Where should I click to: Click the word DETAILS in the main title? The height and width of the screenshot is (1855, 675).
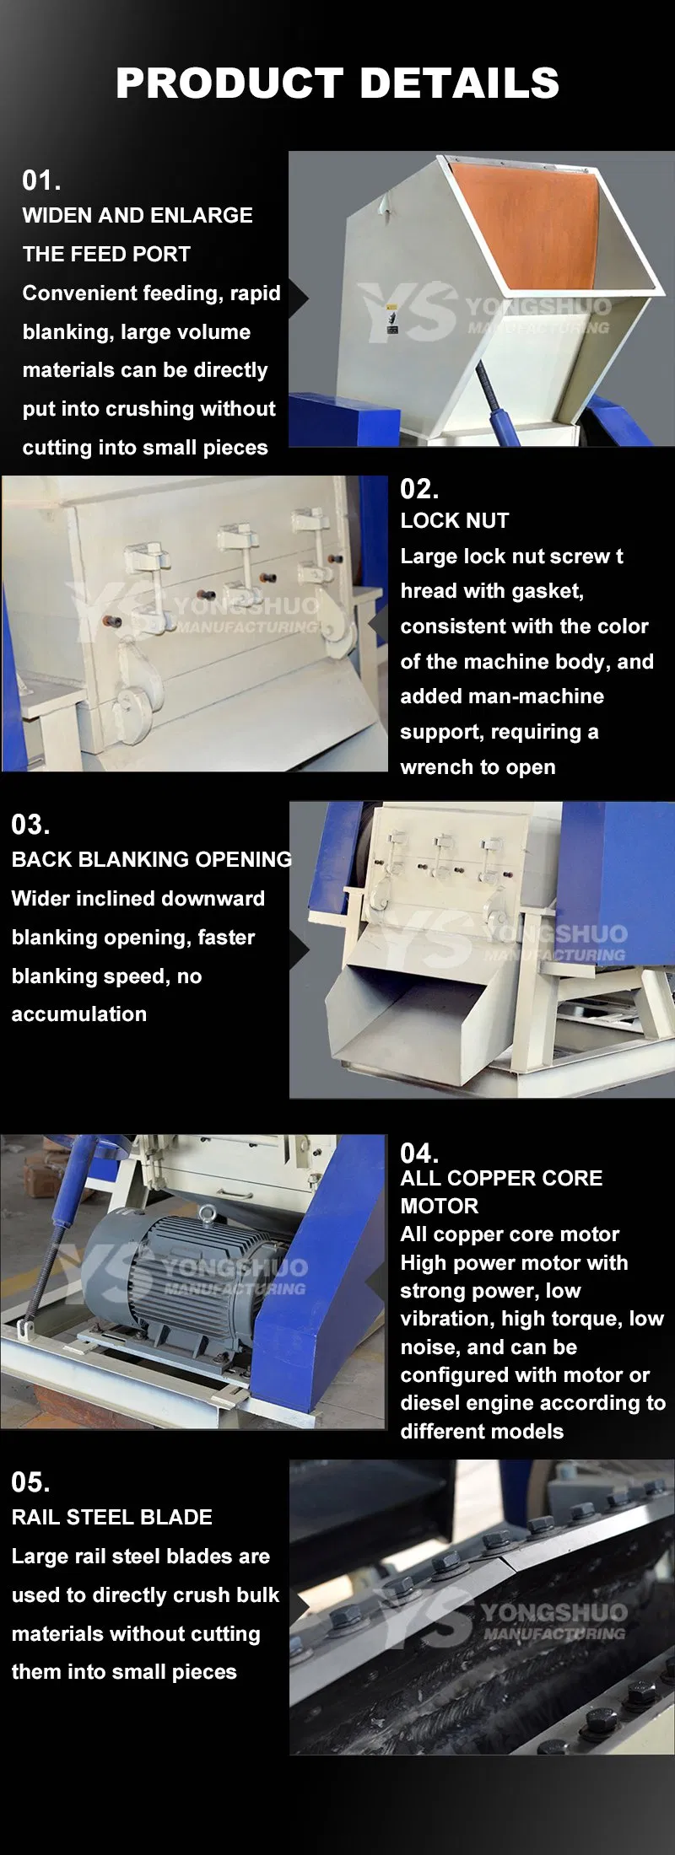point(459,83)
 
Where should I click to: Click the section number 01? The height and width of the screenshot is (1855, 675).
point(40,180)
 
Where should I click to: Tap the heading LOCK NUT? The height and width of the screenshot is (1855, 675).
point(454,520)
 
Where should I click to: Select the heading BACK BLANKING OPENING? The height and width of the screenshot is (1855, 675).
point(151,859)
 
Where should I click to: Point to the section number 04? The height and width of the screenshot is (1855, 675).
point(418,1153)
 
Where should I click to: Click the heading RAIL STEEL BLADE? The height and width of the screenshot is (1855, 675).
point(111,1517)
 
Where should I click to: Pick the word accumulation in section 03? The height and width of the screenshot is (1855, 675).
point(78,1014)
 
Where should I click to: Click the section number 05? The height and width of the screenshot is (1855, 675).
point(30,1481)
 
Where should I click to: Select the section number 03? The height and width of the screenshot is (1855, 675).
point(30,824)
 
